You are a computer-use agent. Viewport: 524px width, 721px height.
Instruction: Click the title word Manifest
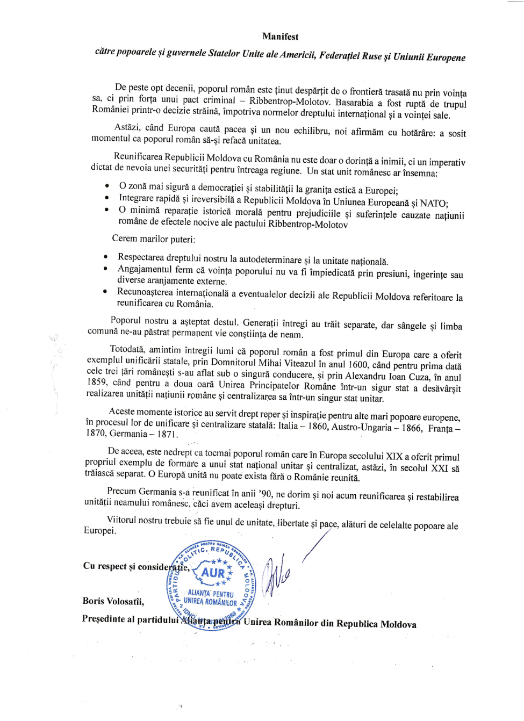[x=280, y=37]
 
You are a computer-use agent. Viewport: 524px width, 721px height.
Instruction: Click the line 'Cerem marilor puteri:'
[x=154, y=239]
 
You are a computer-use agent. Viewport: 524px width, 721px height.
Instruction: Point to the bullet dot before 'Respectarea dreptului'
[x=105, y=257]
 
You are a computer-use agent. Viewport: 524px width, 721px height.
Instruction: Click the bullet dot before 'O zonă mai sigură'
[x=107, y=186]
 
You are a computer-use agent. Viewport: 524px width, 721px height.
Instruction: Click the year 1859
[x=96, y=382]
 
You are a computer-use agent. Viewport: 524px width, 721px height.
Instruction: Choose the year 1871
[x=167, y=434]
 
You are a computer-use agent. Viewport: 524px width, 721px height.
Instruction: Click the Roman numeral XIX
[x=394, y=456]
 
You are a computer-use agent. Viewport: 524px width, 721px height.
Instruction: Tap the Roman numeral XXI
[x=439, y=468]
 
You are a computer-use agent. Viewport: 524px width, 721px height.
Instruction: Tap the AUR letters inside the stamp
[x=213, y=573]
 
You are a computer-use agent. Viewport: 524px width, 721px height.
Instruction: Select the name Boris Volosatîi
[x=113, y=601]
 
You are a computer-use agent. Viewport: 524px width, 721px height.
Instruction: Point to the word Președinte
[x=103, y=619]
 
